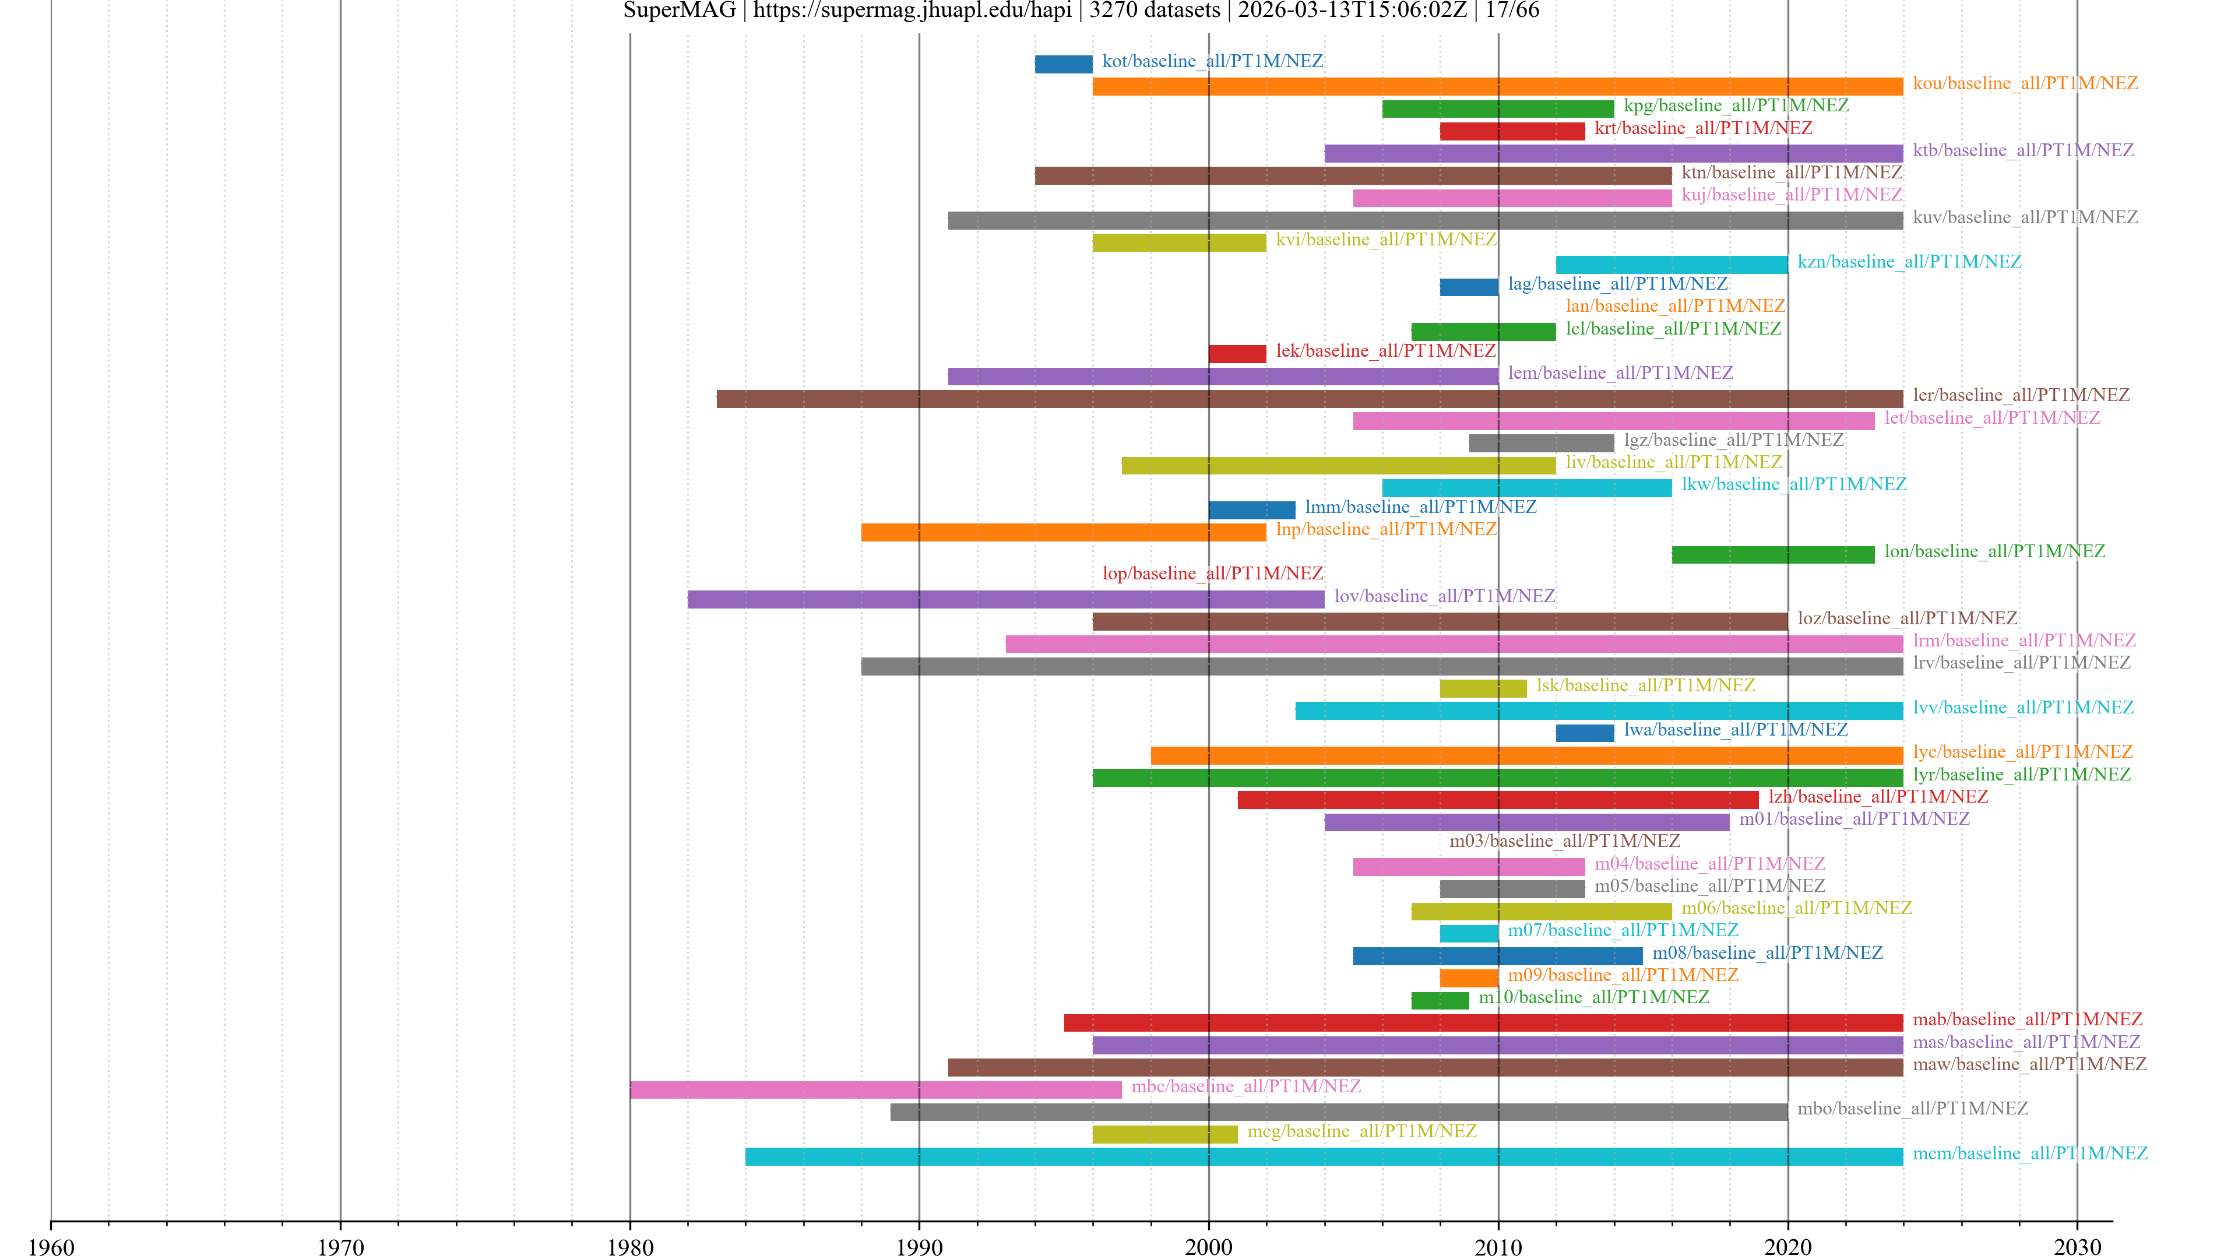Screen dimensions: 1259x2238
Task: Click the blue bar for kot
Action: click(1064, 64)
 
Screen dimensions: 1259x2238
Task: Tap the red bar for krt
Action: click(1512, 131)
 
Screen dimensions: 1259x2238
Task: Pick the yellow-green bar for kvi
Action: click(1179, 242)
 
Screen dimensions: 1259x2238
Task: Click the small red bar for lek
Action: click(1237, 354)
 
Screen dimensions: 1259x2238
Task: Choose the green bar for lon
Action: click(1772, 554)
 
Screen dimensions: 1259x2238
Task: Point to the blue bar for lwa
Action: click(1585, 733)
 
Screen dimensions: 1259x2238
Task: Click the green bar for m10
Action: click(1440, 1000)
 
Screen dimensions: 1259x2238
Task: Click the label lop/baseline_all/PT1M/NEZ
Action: click(1212, 574)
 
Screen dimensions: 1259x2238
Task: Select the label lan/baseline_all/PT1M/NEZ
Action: click(1675, 306)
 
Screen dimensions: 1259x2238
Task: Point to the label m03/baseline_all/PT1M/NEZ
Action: click(1564, 841)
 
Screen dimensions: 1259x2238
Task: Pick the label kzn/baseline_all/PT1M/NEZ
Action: click(1909, 262)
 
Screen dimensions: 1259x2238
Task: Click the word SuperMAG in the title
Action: click(680, 10)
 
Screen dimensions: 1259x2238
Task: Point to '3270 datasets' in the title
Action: click(1155, 10)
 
